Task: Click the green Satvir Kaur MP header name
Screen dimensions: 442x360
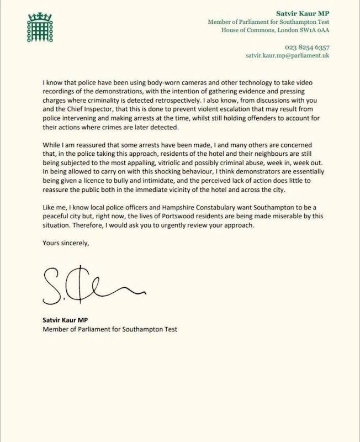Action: pyautogui.click(x=310, y=12)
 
